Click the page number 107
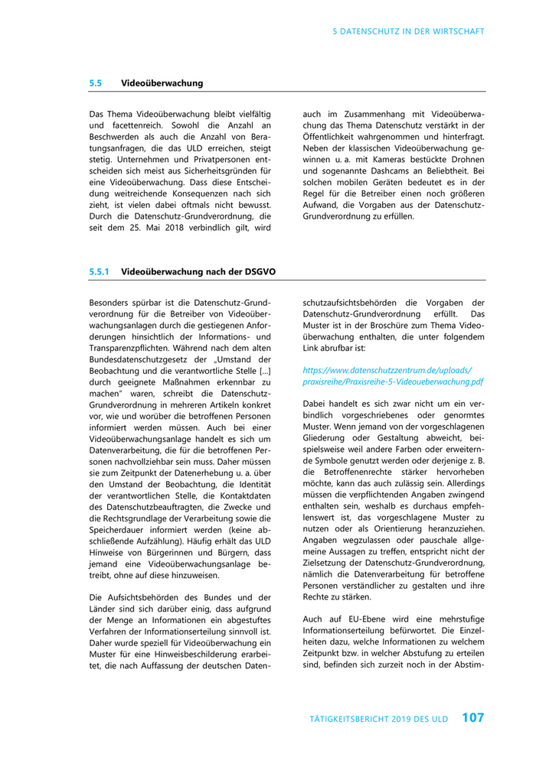[x=472, y=718]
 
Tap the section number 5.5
[x=96, y=83]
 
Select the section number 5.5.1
[x=100, y=271]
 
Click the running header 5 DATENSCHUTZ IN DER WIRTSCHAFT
[x=408, y=31]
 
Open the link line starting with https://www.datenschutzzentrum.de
[x=387, y=369]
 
